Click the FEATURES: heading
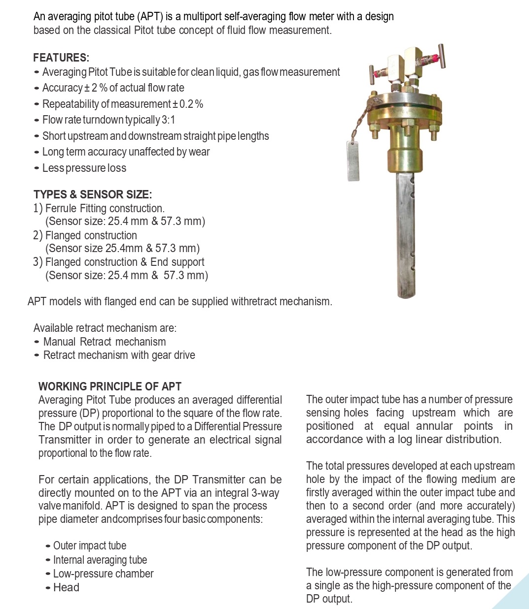tap(61, 58)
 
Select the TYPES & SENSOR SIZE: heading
tap(93, 194)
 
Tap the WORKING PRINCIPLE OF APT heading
tap(110, 386)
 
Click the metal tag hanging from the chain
tap(353, 161)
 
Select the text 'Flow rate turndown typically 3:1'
tap(108, 120)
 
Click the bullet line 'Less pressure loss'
tap(84, 168)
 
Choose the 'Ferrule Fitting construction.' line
tap(105, 209)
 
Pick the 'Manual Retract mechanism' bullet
tap(105, 342)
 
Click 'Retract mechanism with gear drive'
tap(119, 355)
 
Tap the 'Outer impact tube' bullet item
tap(90, 546)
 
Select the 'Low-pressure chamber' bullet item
tap(103, 574)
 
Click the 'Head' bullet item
tap(66, 588)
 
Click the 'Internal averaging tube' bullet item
tap(100, 560)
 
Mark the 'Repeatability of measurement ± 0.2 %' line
tap(123, 104)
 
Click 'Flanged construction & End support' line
tap(125, 262)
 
